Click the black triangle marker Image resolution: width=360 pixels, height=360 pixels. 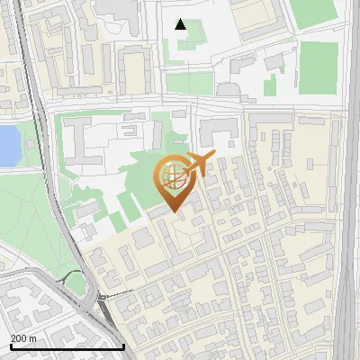click(181, 24)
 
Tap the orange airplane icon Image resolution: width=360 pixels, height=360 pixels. click(199, 165)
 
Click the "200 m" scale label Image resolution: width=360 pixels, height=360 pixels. click(23, 337)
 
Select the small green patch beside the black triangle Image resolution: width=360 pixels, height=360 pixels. click(195, 36)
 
